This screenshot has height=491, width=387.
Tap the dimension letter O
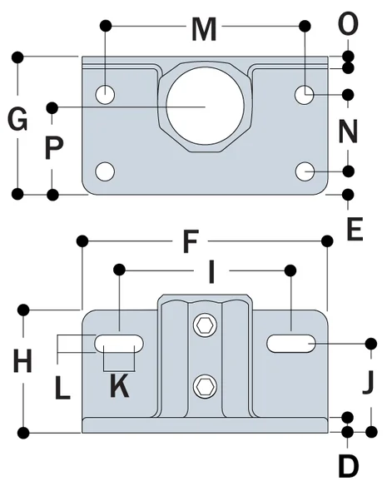tap(348, 25)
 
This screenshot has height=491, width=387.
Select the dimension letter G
tap(17, 122)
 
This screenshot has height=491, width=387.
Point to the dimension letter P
tap(53, 149)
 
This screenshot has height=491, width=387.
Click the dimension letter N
tap(348, 131)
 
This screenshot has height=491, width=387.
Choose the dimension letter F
tap(191, 243)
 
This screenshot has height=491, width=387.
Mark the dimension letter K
tap(120, 385)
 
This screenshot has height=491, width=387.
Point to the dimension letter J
tap(368, 384)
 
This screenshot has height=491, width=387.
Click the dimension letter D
tap(348, 466)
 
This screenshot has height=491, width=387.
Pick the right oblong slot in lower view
tap(291, 343)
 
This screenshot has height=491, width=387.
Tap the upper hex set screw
tap(205, 326)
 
